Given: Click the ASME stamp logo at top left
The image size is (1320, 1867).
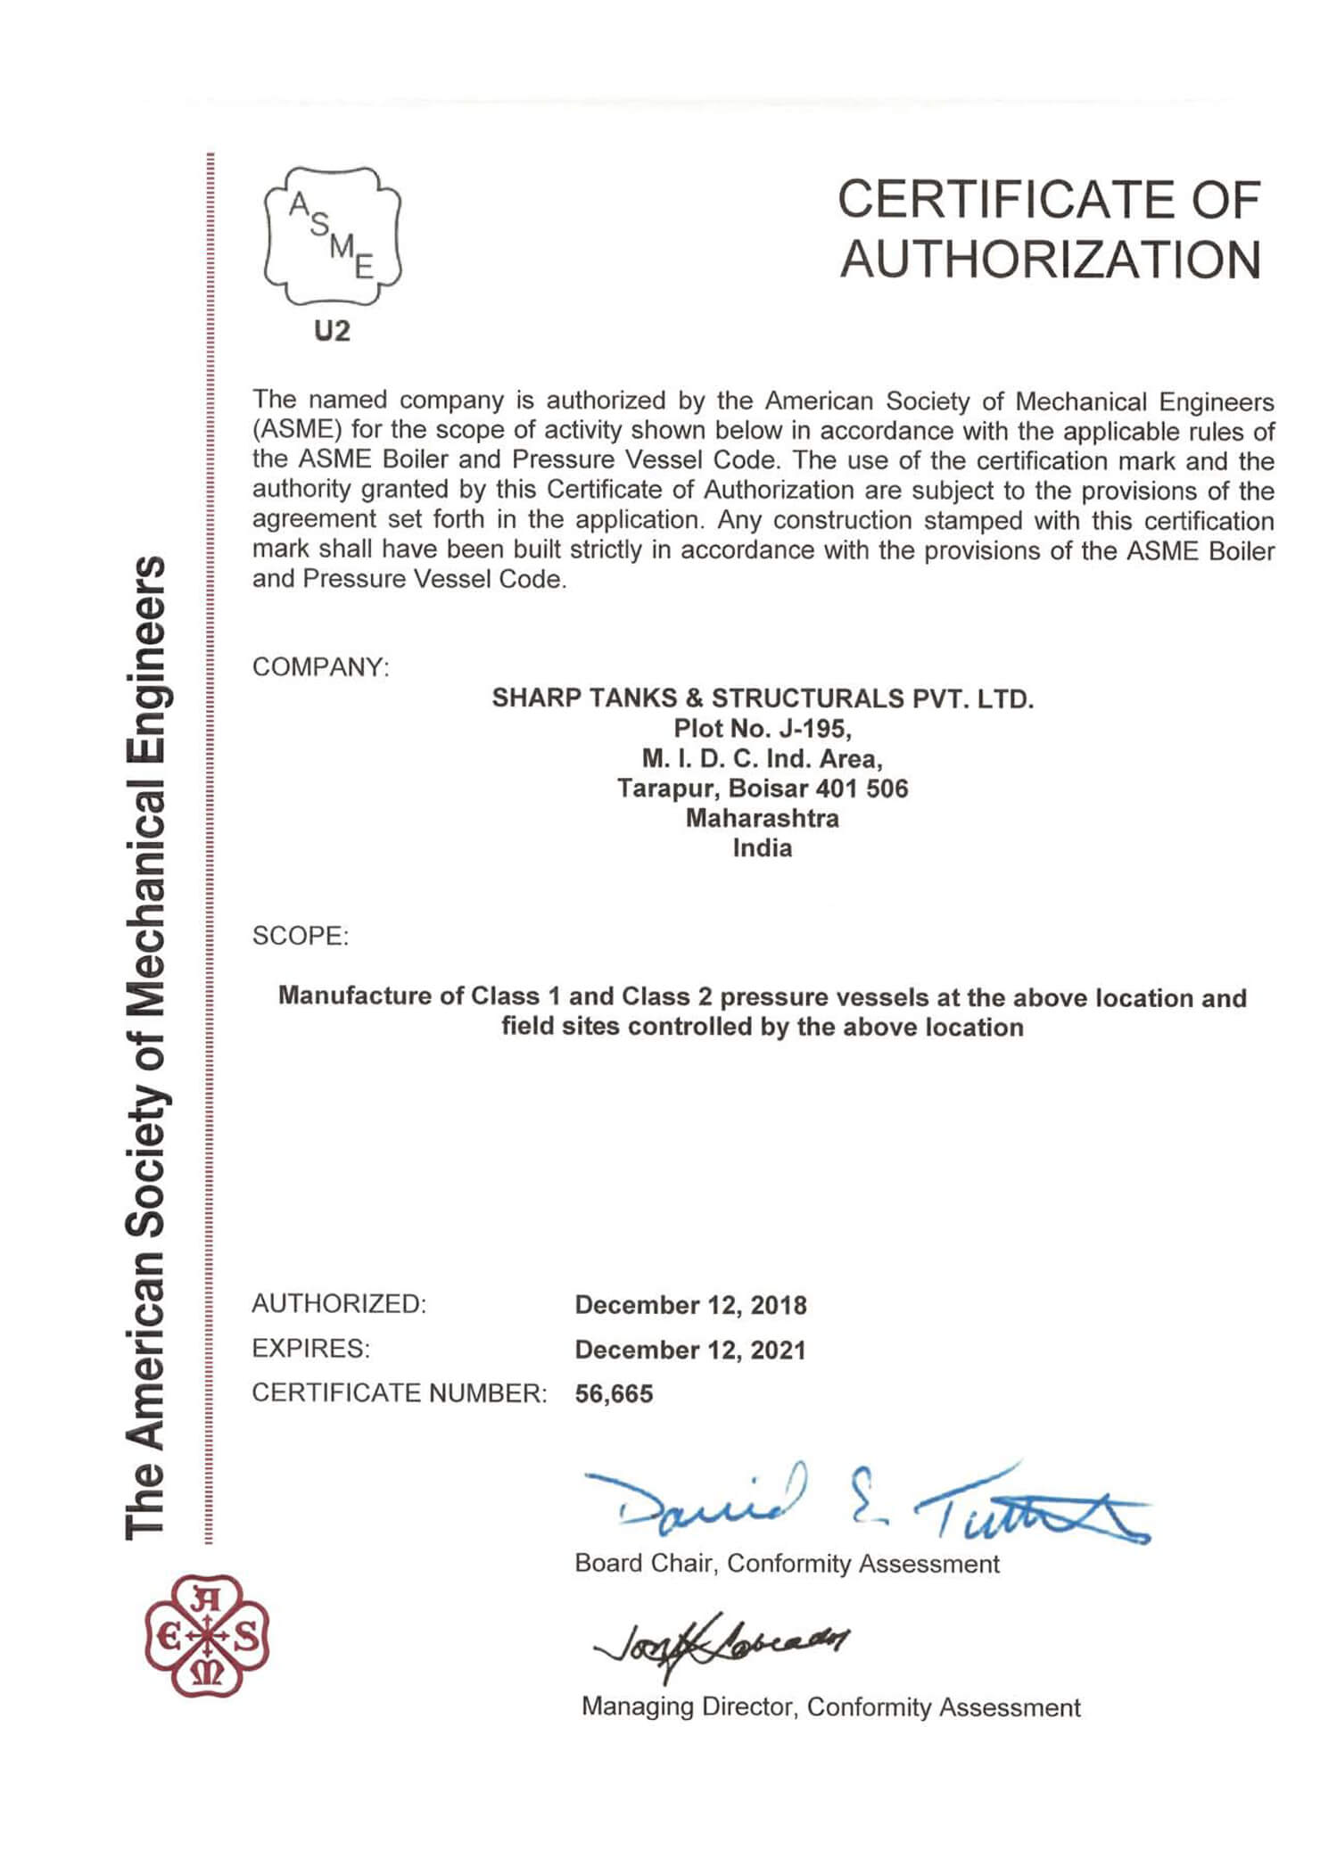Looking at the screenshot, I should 333,236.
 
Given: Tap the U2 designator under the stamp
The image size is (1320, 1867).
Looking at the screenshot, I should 332,332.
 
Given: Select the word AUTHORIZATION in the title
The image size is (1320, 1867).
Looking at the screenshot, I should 1050,260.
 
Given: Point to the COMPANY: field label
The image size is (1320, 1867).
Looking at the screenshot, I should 321,667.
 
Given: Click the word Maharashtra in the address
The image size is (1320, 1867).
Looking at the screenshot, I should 762,818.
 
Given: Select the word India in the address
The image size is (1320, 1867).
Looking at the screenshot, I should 762,848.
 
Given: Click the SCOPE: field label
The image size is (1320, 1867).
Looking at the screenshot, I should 301,937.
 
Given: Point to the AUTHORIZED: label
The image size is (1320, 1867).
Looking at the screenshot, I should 339,1304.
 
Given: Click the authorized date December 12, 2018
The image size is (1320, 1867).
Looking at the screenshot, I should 690,1305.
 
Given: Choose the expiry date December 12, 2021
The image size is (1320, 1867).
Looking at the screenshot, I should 690,1350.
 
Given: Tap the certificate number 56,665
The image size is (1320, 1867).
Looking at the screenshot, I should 614,1393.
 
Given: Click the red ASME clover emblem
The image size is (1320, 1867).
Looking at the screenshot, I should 207,1637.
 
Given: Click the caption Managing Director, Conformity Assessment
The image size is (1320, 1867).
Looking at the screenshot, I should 830,1707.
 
